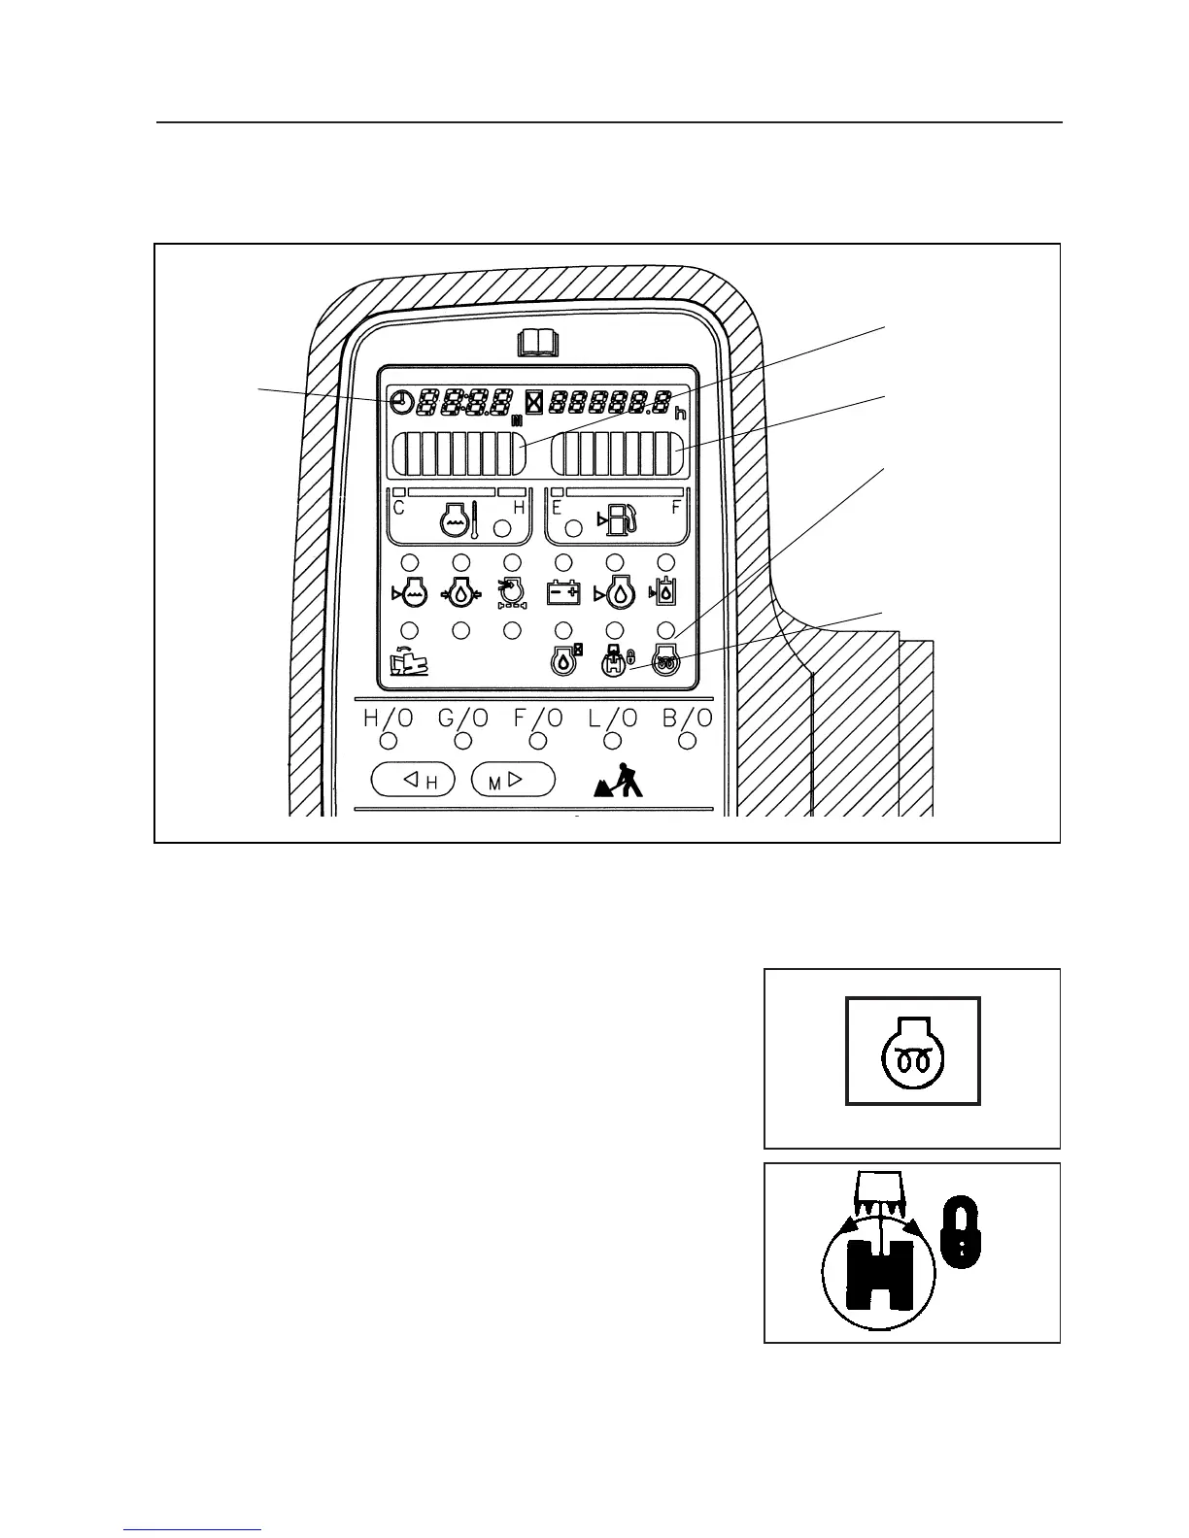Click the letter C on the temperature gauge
[398, 508]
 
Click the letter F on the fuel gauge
[677, 508]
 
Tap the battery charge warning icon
[563, 592]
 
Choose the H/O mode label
[388, 719]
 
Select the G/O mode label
[462, 719]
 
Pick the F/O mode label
[537, 719]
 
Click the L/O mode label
[612, 719]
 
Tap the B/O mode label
[687, 719]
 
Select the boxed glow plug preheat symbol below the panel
[913, 1052]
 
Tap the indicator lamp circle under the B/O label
[688, 742]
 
